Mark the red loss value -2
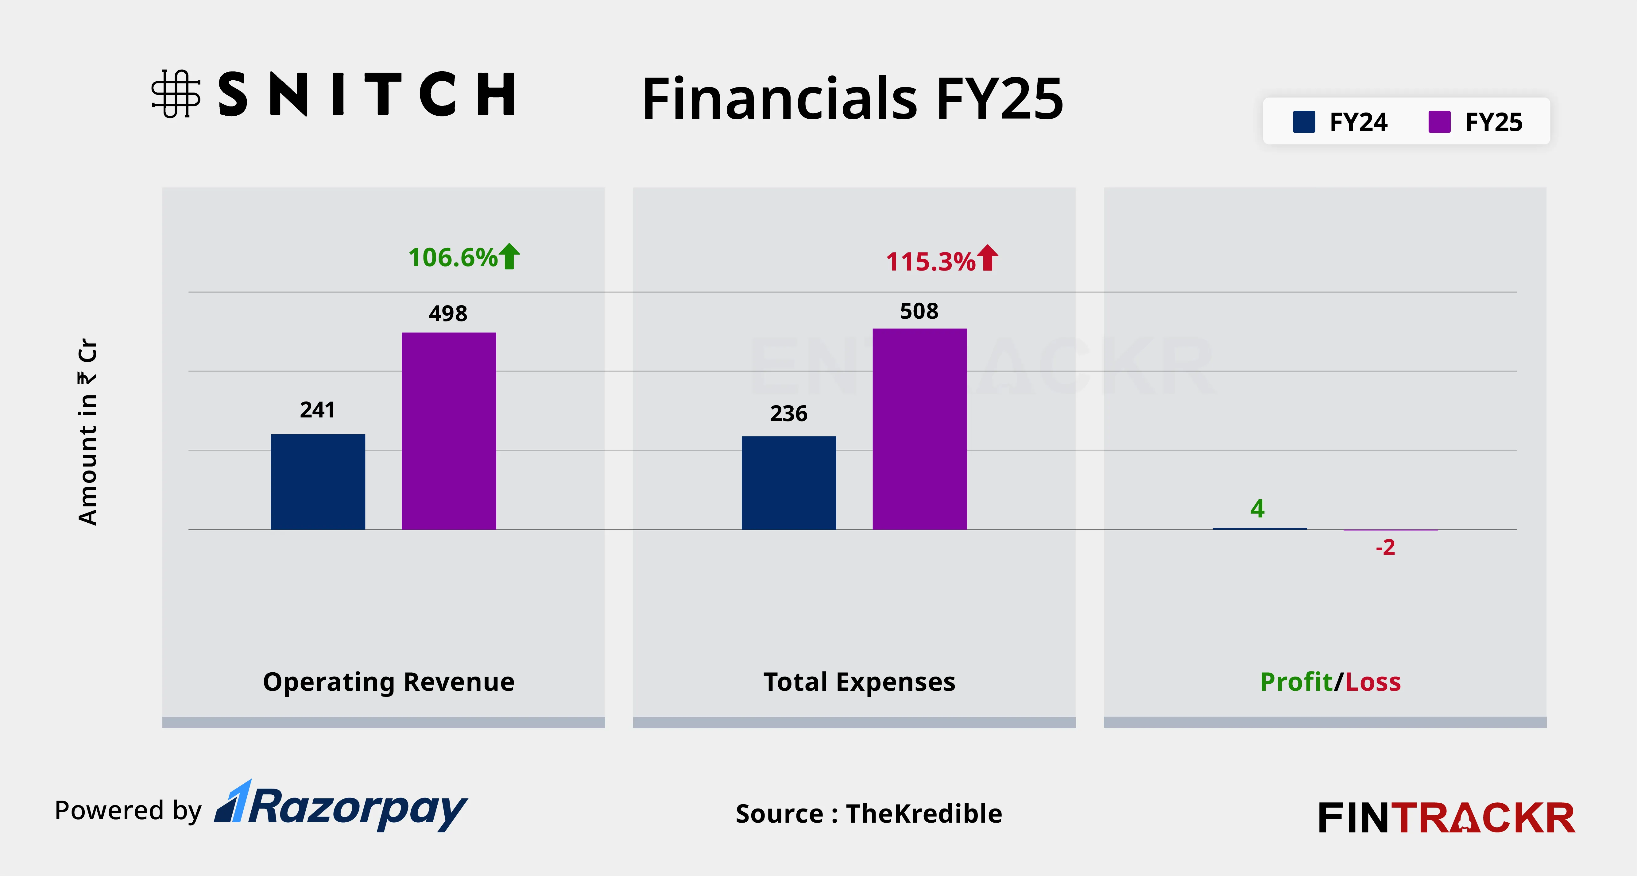click(1385, 547)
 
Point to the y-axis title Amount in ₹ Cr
click(88, 432)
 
